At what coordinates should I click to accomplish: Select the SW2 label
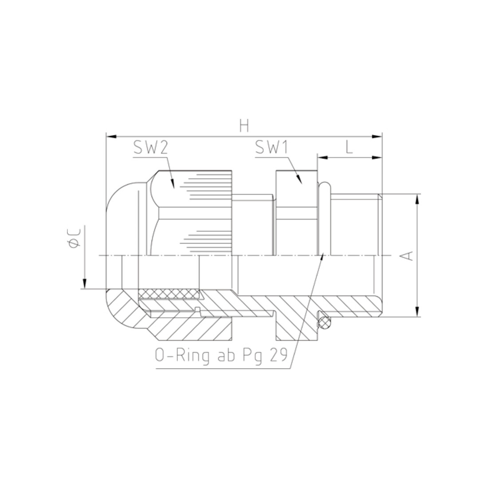[151, 147]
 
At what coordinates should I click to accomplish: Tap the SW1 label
[272, 147]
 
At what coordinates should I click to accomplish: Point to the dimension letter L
[349, 147]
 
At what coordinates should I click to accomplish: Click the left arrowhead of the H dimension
[111, 136]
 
